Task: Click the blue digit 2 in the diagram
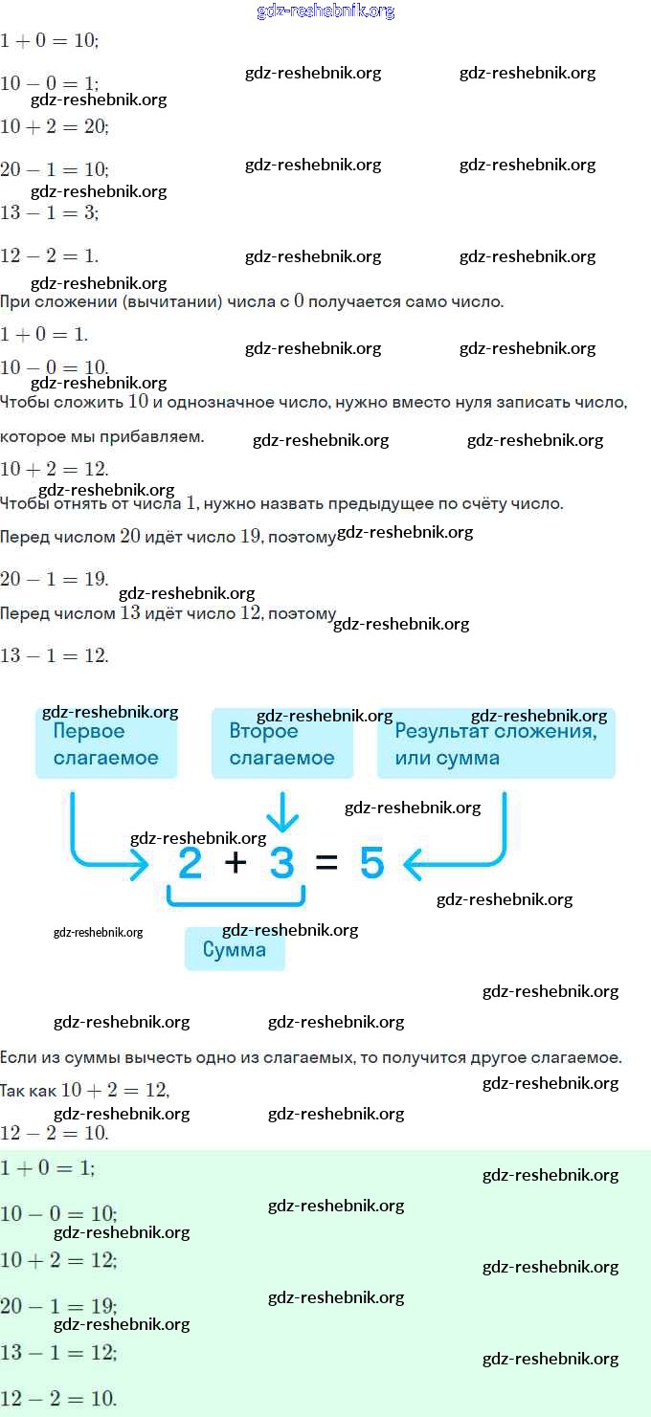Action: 191,863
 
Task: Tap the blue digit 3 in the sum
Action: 281,863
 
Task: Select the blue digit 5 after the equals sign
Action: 371,863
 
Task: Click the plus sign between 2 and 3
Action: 236,863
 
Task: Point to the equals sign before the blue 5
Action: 326,863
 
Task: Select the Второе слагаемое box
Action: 281,744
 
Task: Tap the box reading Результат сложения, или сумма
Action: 495,744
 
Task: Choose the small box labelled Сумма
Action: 235,950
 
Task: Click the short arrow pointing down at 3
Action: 281,813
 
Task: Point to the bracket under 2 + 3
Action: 236,898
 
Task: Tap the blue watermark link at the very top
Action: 325,11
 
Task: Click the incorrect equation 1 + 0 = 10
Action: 50,41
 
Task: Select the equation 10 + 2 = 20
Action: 55,126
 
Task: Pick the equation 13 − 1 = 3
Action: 50,212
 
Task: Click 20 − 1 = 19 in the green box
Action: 58,1306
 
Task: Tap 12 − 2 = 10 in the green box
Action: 58,1398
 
